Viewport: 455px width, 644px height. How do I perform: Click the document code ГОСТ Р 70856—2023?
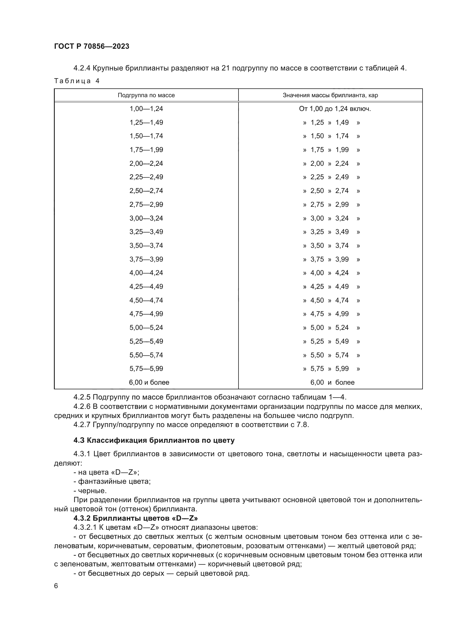coord(92,46)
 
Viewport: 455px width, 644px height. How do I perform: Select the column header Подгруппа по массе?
coord(146,95)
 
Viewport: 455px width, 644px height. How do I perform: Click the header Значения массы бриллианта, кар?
coord(330,95)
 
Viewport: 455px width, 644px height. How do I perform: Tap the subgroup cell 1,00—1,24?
coord(146,109)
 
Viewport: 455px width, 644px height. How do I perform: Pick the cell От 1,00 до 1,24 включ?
coord(335,109)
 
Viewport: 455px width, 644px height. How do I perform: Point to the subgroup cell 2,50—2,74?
coord(146,191)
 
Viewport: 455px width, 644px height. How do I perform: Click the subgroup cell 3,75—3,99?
coord(146,259)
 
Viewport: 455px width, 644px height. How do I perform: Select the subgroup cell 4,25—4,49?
coord(146,287)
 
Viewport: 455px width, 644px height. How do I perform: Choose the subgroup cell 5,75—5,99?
coord(146,369)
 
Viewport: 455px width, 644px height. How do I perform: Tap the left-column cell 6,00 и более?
coord(149,382)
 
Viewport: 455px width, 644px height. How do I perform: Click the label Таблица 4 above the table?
coord(77,81)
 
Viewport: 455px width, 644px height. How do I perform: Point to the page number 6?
coord(56,586)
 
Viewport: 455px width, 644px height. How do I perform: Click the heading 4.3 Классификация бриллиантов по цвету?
coord(154,440)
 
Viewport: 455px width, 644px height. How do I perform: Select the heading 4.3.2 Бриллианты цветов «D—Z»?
coord(136,518)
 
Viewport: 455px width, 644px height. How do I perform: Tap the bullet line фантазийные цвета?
coord(112,482)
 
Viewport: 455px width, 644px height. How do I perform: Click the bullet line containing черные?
coord(90,491)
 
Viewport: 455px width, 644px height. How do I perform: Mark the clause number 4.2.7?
coord(82,425)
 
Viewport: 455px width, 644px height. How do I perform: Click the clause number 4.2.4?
coord(82,68)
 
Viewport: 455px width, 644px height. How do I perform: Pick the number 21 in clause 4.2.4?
coord(226,68)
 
